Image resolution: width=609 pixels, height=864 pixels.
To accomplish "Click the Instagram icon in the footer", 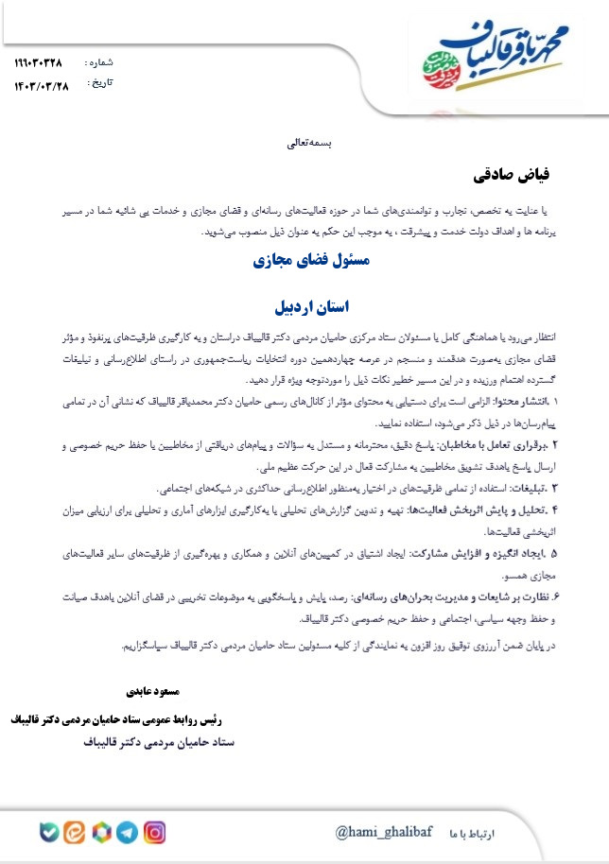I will (x=155, y=833).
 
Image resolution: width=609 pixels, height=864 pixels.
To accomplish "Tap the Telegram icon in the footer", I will (x=128, y=833).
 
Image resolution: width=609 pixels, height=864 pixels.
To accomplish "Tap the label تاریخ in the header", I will (x=99, y=83).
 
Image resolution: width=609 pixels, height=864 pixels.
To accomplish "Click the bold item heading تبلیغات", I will (x=548, y=489).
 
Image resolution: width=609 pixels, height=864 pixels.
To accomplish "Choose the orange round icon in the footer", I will (x=75, y=833).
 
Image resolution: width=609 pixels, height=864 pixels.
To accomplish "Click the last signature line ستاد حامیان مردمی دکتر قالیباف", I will (x=155, y=743).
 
